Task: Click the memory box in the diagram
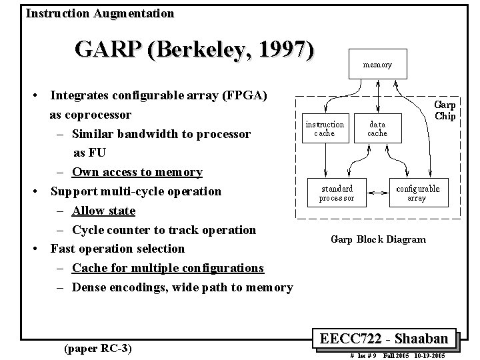pyautogui.click(x=377, y=65)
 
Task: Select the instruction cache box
pyautogui.click(x=325, y=129)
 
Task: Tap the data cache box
pyautogui.click(x=377, y=129)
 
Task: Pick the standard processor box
pyautogui.click(x=337, y=193)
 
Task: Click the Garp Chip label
pyautogui.click(x=445, y=111)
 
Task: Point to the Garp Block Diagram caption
pyautogui.click(x=378, y=239)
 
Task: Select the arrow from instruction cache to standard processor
pyautogui.click(x=325, y=160)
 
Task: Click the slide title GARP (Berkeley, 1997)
pyautogui.click(x=194, y=50)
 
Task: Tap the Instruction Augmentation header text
pyautogui.click(x=100, y=13)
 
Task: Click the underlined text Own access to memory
pyautogui.click(x=137, y=172)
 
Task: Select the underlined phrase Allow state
pyautogui.click(x=103, y=211)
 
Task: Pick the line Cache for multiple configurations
pyautogui.click(x=167, y=268)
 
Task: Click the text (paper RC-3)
pyautogui.click(x=98, y=347)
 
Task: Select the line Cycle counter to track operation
pyautogui.click(x=163, y=230)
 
